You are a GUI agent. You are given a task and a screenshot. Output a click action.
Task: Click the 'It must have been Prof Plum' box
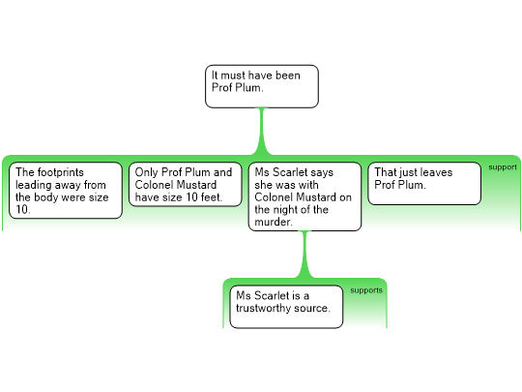262,86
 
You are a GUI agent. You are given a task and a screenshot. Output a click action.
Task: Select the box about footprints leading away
66,191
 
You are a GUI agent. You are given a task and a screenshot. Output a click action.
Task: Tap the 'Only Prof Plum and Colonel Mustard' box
185,184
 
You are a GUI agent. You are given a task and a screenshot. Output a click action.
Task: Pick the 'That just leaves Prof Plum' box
424,183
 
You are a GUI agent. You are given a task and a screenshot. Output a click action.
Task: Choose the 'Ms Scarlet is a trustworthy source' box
286,307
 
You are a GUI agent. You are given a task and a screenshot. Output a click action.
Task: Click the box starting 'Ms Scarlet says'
304,196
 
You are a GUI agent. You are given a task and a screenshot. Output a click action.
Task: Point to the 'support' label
503,167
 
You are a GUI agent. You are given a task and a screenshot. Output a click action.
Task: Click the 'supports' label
366,290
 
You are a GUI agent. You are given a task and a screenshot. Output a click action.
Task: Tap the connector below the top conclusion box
262,131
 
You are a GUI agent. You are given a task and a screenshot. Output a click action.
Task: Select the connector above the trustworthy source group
304,255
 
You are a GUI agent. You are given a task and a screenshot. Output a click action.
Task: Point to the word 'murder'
272,222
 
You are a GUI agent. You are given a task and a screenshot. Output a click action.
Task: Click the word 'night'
291,210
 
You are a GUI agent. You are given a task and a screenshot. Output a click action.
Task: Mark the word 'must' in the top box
233,75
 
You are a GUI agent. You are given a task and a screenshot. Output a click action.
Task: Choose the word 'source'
313,309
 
